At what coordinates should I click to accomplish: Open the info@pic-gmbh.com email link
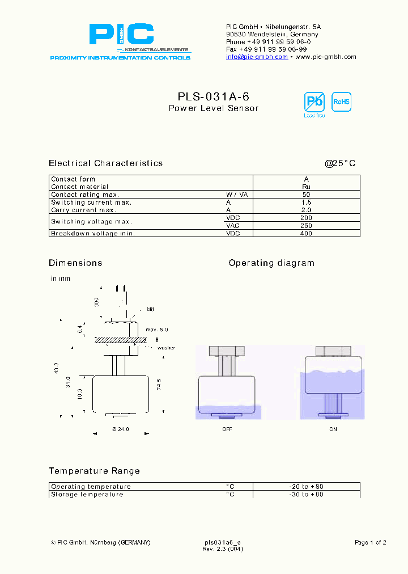pos(257,57)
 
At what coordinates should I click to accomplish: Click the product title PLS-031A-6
pos(213,96)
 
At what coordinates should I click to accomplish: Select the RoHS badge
pos(341,102)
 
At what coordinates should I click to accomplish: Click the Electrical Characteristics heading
pos(105,163)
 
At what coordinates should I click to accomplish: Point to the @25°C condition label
pos(340,163)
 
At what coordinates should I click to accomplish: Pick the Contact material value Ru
pos(306,187)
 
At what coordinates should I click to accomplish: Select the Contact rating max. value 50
pos(306,195)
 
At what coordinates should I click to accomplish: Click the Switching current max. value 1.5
pos(306,202)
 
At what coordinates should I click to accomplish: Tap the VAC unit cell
pos(233,226)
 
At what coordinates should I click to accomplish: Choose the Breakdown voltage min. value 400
pos(306,233)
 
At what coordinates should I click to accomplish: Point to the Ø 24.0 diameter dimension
pos(121,429)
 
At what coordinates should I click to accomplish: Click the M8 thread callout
pos(150,309)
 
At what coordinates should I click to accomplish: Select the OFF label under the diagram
pos(227,429)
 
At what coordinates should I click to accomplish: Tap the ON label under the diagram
pos(333,429)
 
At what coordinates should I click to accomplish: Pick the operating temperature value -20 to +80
pos(306,487)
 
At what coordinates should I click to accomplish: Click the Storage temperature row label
pos(87,495)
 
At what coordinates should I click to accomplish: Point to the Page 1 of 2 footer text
pos(370,543)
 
